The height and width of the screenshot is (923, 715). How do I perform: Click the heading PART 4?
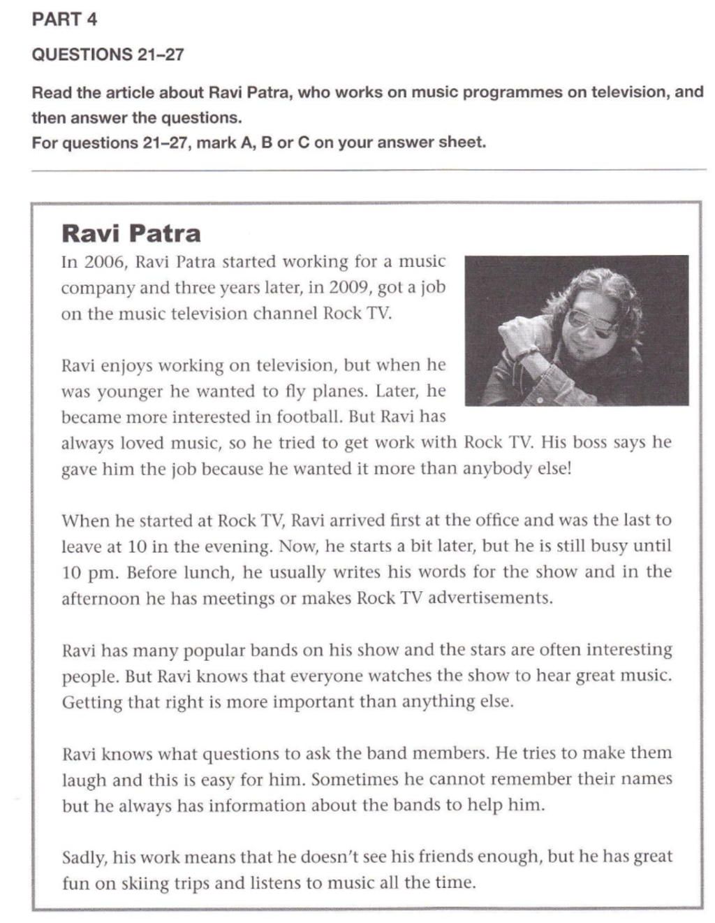64,20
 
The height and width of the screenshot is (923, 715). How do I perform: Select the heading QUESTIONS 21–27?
108,54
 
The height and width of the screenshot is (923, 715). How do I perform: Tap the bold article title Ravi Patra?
131,233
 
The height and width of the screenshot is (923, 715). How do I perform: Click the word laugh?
84,780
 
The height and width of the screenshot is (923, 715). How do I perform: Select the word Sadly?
84,857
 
